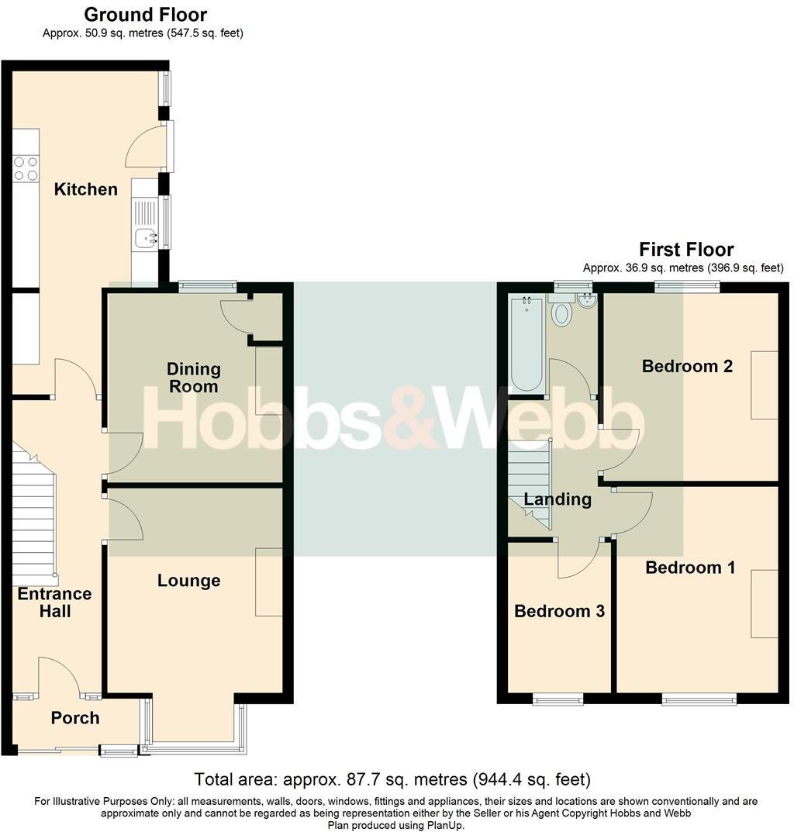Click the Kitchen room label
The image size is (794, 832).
(85, 189)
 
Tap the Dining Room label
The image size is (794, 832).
(194, 377)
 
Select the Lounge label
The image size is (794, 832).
(188, 581)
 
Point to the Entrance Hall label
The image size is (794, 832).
(54, 602)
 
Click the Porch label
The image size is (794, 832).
(75, 718)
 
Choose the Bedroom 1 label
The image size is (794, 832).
(690, 568)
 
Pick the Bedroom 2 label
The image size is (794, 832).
(687, 366)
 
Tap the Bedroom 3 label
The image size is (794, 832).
(559, 611)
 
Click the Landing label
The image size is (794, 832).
(558, 499)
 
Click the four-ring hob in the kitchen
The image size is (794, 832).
(26, 168)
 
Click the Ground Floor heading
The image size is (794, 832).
(145, 15)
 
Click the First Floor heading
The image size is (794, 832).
(685, 250)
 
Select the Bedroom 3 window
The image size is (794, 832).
(558, 700)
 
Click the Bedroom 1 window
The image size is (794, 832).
(699, 700)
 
